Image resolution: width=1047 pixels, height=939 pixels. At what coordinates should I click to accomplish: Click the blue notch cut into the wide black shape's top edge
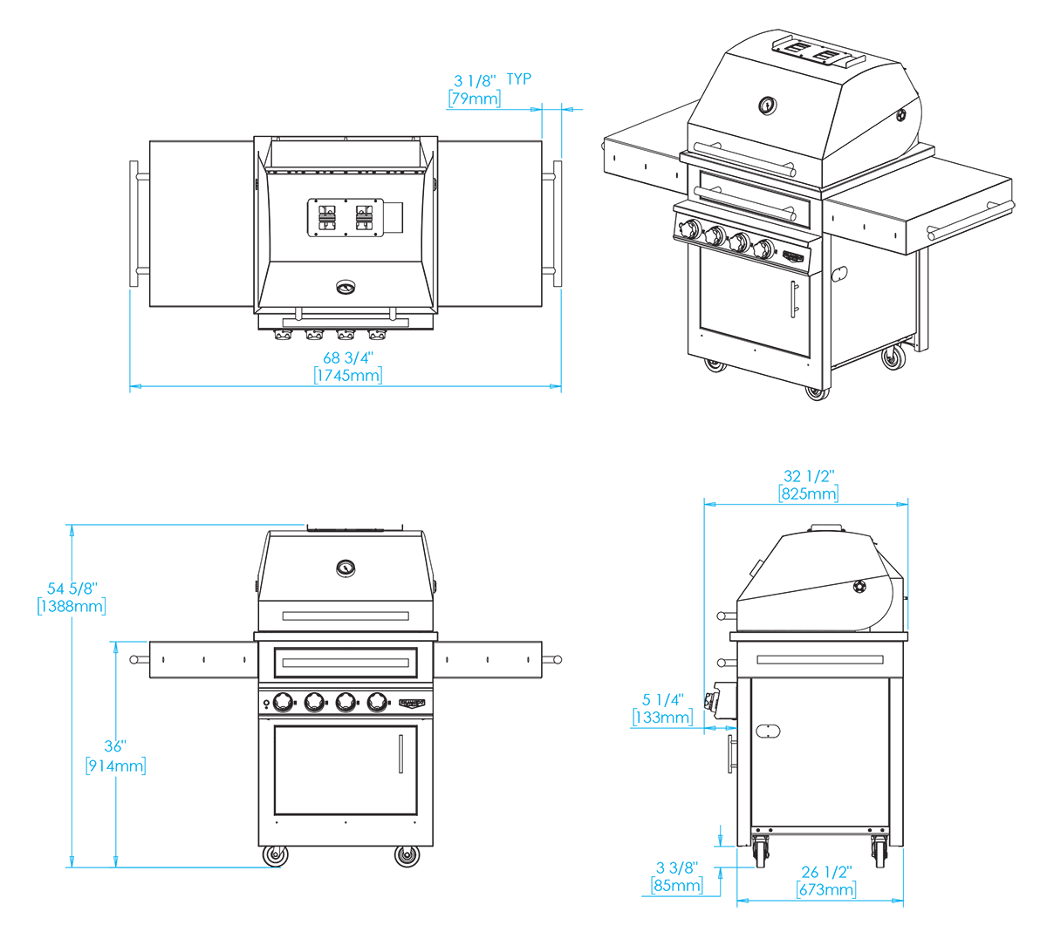click(x=503, y=78)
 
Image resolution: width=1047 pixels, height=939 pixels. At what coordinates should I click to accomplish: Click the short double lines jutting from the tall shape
click(x=701, y=705)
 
